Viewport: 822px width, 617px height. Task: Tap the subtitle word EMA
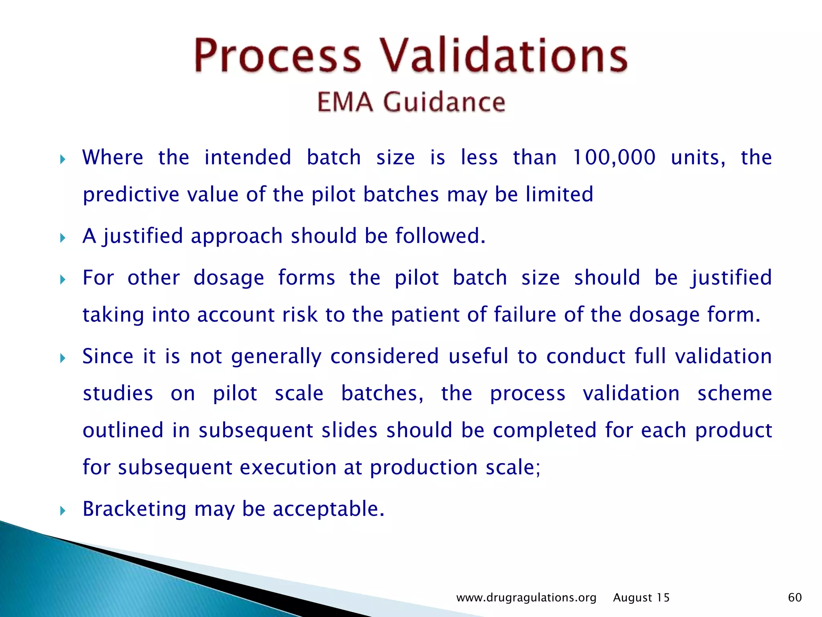coord(345,102)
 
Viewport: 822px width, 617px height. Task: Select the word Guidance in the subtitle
coord(444,102)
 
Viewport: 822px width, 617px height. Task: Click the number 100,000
coord(614,157)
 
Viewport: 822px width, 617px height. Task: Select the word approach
coord(237,236)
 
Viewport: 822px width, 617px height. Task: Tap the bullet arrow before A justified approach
coord(63,238)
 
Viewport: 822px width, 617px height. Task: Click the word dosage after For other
coord(229,278)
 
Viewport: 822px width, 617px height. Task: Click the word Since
coord(108,356)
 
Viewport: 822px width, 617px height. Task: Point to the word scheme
coord(735,393)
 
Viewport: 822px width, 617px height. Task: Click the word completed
coord(545,431)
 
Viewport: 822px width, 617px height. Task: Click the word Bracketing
coord(134,509)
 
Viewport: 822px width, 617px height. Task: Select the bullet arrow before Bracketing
coord(63,511)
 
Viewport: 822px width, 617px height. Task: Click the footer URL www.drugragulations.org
coord(526,598)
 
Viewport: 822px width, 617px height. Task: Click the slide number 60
coord(795,597)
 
